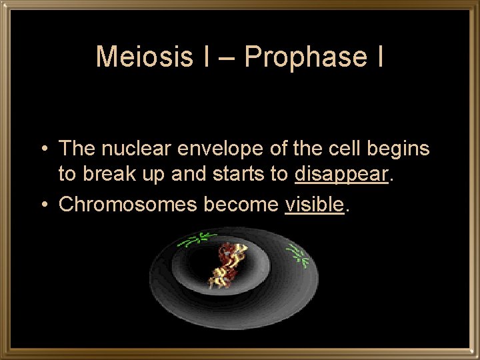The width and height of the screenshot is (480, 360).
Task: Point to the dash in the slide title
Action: click(226, 58)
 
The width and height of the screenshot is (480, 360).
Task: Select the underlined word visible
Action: click(314, 205)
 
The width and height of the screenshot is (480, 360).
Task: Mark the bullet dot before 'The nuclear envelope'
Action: click(43, 149)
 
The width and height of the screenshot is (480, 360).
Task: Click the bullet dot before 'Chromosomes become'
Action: click(43, 205)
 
